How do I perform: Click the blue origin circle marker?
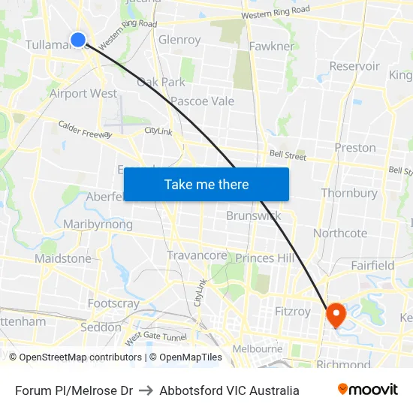click(x=78, y=39)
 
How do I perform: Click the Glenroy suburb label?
click(x=179, y=40)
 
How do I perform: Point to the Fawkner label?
click(x=272, y=47)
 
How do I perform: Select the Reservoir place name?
click(x=354, y=66)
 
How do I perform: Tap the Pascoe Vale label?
click(x=202, y=101)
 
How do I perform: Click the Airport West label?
click(x=83, y=94)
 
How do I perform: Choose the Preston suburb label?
click(x=355, y=147)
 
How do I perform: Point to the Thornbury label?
click(x=349, y=193)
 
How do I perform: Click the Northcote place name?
click(x=340, y=234)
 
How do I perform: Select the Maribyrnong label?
click(x=98, y=225)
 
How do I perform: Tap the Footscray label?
click(x=113, y=304)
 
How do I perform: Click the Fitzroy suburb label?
click(x=292, y=311)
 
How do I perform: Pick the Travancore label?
click(x=197, y=255)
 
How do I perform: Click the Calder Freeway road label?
click(x=85, y=130)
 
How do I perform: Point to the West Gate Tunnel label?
click(x=155, y=339)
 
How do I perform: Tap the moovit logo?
click(x=368, y=390)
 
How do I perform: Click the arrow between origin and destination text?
click(x=146, y=390)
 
